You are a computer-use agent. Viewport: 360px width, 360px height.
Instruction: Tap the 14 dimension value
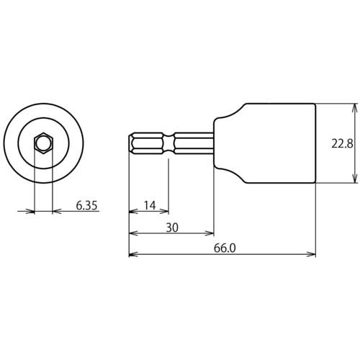(x=149, y=206)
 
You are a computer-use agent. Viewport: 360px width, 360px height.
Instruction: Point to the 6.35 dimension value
(x=86, y=205)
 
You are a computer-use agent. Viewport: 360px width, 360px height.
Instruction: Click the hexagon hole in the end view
(x=44, y=143)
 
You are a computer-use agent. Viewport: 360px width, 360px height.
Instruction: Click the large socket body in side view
(x=281, y=143)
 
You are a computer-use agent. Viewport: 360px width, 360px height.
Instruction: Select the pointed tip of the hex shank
(x=131, y=143)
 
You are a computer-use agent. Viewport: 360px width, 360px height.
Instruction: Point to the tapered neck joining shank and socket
(x=230, y=143)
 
